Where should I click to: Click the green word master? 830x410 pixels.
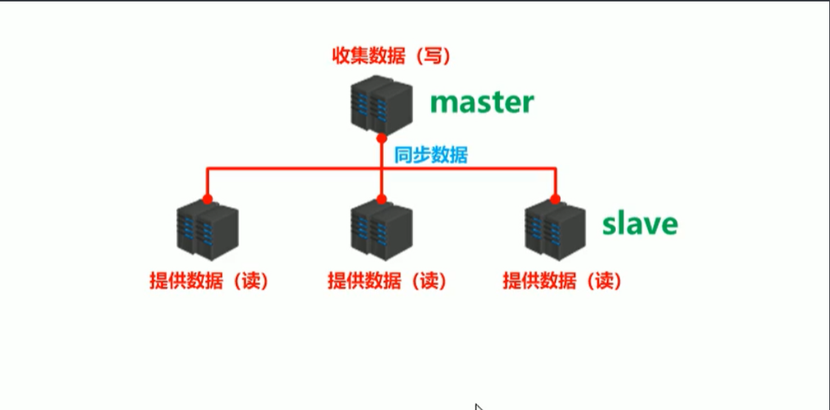(482, 102)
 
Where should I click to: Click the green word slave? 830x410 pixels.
(639, 223)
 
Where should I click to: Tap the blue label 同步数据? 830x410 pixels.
(431, 155)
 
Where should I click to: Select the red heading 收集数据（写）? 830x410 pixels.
(391, 56)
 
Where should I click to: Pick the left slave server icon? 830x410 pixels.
(207, 230)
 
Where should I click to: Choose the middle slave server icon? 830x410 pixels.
(381, 230)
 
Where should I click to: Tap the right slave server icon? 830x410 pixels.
(555, 230)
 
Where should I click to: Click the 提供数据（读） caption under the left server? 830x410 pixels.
(207, 281)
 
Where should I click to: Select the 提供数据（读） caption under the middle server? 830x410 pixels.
(387, 281)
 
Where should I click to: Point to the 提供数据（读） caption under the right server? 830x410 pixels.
(562, 281)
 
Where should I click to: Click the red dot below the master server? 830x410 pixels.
(381, 138)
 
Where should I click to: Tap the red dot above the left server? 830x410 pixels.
(207, 199)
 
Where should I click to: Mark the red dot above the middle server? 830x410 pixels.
(381, 199)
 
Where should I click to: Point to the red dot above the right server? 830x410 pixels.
(555, 199)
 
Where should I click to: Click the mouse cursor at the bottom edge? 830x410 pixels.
(479, 406)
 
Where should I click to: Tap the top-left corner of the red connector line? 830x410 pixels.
(207, 169)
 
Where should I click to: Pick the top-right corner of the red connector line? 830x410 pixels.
(555, 169)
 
